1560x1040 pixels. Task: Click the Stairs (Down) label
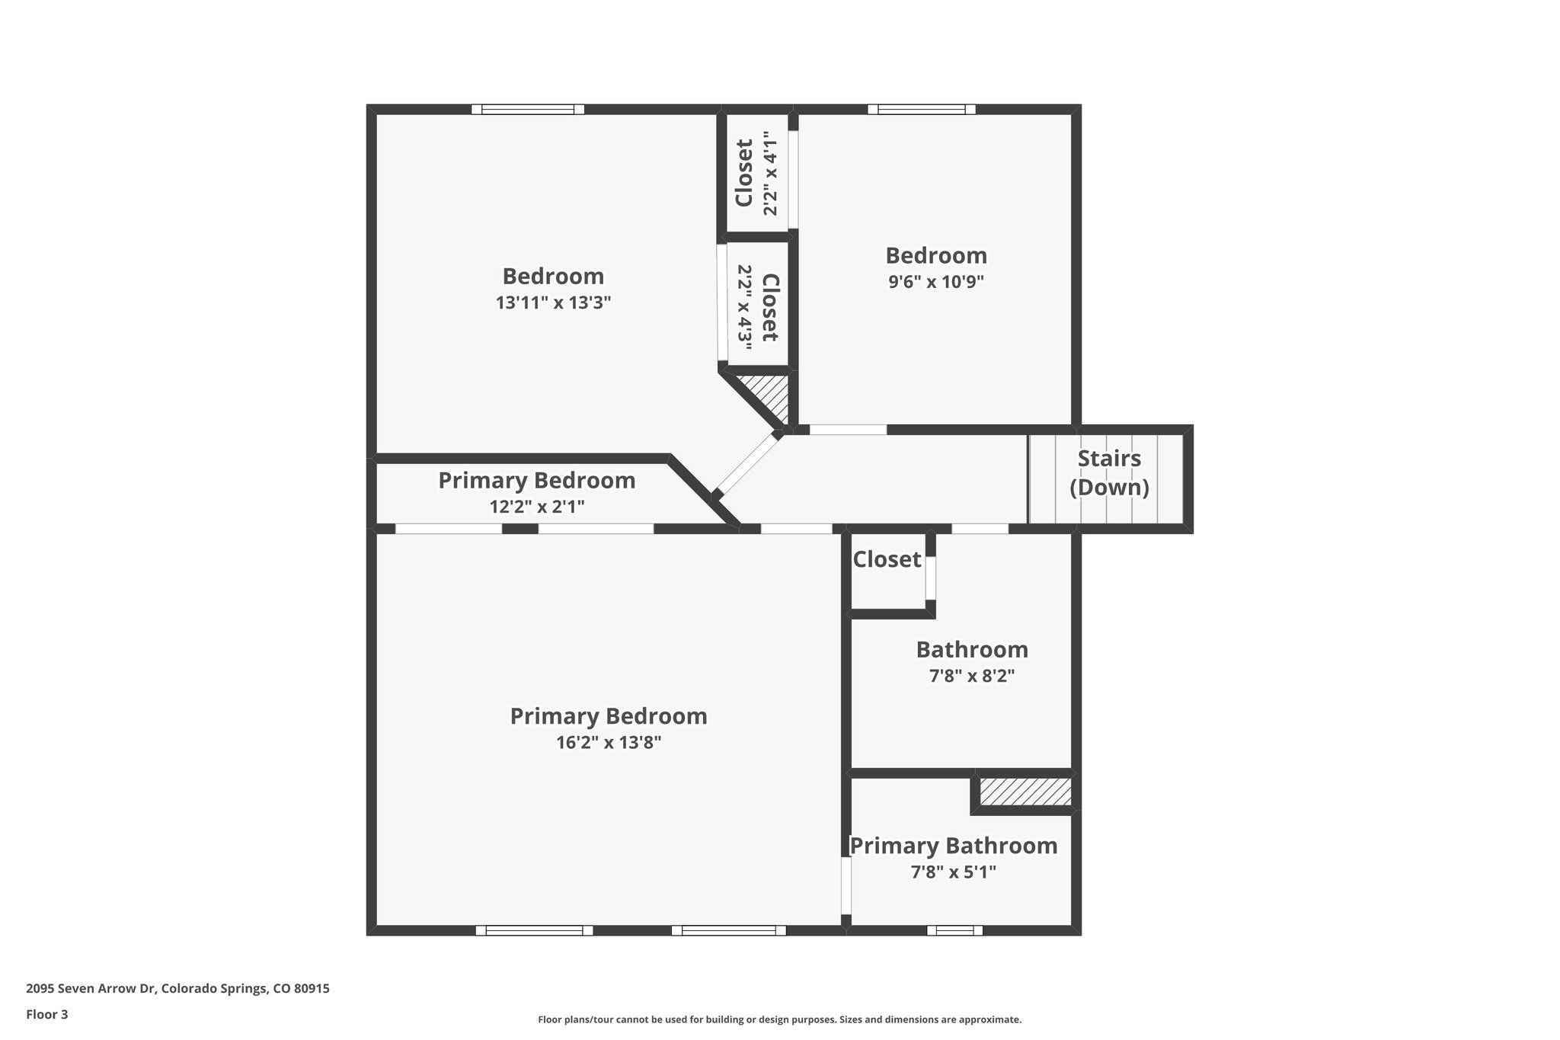[1108, 472]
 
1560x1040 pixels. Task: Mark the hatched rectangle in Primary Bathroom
[1025, 792]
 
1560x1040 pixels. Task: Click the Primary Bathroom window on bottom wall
[954, 930]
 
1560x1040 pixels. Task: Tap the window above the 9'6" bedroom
[921, 109]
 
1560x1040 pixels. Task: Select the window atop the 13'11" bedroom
[527, 109]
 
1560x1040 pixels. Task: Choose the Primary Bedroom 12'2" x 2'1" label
[536, 492]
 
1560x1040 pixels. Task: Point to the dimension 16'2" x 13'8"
[608, 743]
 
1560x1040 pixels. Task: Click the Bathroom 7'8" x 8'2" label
[971, 661]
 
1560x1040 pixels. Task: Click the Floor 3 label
[47, 1014]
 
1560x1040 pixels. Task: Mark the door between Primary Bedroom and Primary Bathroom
[846, 885]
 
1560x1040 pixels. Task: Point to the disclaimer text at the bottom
[779, 1019]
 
